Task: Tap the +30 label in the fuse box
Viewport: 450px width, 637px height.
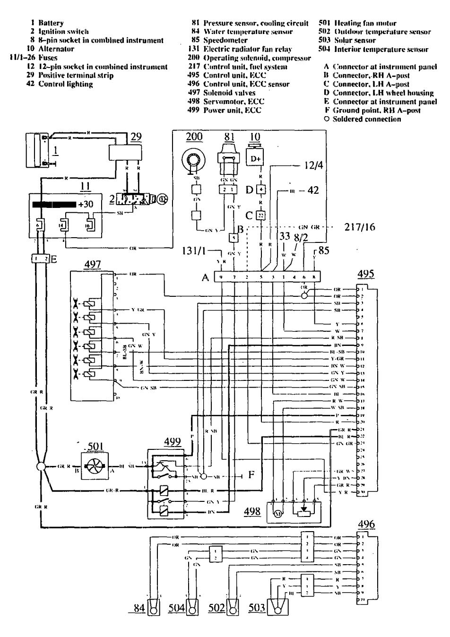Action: (86, 205)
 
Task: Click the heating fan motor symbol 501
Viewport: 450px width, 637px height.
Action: (93, 465)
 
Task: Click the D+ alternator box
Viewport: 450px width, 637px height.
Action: (256, 158)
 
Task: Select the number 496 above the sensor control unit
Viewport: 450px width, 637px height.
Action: (366, 524)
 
